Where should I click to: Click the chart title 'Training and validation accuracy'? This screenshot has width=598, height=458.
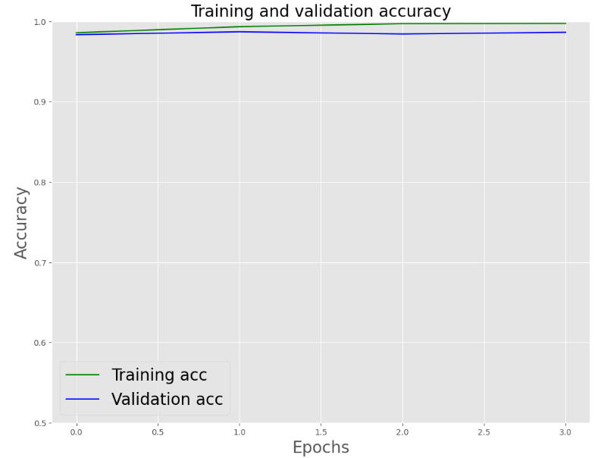point(321,11)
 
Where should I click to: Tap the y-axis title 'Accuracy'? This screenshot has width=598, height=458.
point(21,222)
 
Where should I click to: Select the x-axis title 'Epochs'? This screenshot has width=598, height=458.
point(321,447)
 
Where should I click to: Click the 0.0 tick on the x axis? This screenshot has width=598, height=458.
point(77,431)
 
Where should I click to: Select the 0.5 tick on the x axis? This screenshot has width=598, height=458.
point(158,431)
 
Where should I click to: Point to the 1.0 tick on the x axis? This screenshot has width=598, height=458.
point(240,431)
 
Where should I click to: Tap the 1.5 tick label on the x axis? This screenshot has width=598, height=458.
point(321,431)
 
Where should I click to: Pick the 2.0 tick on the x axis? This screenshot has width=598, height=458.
point(402,431)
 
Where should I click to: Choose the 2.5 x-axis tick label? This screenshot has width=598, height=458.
point(484,431)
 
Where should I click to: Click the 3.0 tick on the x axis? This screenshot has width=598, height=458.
point(565,431)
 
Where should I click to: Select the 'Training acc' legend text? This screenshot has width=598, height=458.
point(159,375)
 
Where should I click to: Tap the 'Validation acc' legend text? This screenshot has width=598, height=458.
point(167,400)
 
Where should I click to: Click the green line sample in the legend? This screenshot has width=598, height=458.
point(83,375)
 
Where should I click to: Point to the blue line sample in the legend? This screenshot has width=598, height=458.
point(83,400)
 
